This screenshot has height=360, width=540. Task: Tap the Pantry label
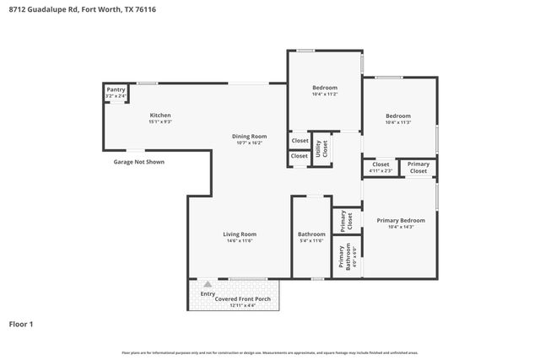(116, 90)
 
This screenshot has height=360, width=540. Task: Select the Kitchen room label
(160, 116)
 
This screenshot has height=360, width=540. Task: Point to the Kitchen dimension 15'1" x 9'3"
(160, 122)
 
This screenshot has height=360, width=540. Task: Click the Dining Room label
(249, 136)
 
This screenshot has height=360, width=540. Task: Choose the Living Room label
(240, 234)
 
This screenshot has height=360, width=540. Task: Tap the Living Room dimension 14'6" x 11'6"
(240, 241)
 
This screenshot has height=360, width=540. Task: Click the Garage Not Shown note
(138, 161)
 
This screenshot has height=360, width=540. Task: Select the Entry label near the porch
(208, 293)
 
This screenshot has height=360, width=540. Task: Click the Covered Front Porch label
(242, 298)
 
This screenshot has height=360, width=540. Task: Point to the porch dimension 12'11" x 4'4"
(242, 305)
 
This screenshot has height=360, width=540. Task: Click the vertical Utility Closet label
(321, 148)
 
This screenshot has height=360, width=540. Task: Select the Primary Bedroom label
(401, 220)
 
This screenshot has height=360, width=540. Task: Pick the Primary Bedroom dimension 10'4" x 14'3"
(401, 227)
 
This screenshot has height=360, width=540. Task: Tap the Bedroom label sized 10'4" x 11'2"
(325, 88)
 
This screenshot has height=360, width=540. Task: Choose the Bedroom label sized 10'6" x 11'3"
(398, 116)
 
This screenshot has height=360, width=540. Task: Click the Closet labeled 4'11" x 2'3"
(381, 164)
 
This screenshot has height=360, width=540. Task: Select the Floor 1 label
(21, 324)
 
